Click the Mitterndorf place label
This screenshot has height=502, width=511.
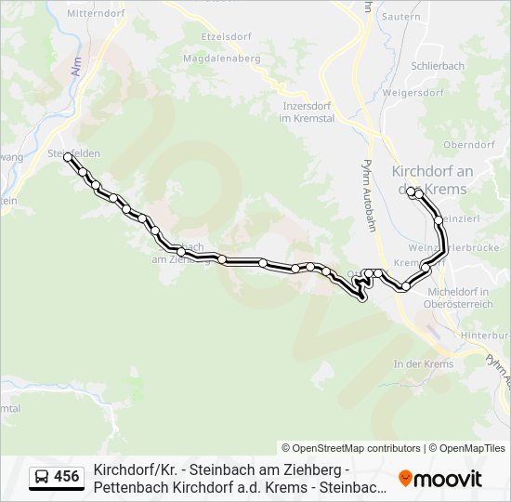[96, 15]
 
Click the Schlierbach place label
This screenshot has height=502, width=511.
[438, 69]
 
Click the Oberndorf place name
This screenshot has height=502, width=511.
[469, 145]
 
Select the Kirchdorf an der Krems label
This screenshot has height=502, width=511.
[433, 179]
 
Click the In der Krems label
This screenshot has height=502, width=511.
[424, 364]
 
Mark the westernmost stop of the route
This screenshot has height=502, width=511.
[68, 159]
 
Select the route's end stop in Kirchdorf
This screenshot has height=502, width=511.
[412, 192]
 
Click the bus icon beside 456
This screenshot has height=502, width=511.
[42, 478]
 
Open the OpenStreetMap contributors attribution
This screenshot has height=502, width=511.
[351, 448]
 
